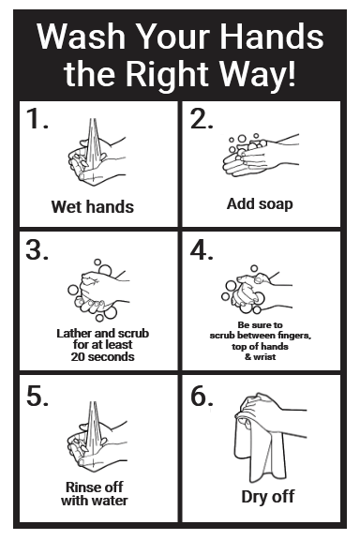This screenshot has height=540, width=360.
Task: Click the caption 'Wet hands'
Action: click(x=92, y=206)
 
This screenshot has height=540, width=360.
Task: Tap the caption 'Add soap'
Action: click(x=260, y=203)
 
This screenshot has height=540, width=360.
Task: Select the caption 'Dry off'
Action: click(x=268, y=497)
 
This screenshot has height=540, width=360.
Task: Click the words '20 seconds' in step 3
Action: click(x=102, y=356)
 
